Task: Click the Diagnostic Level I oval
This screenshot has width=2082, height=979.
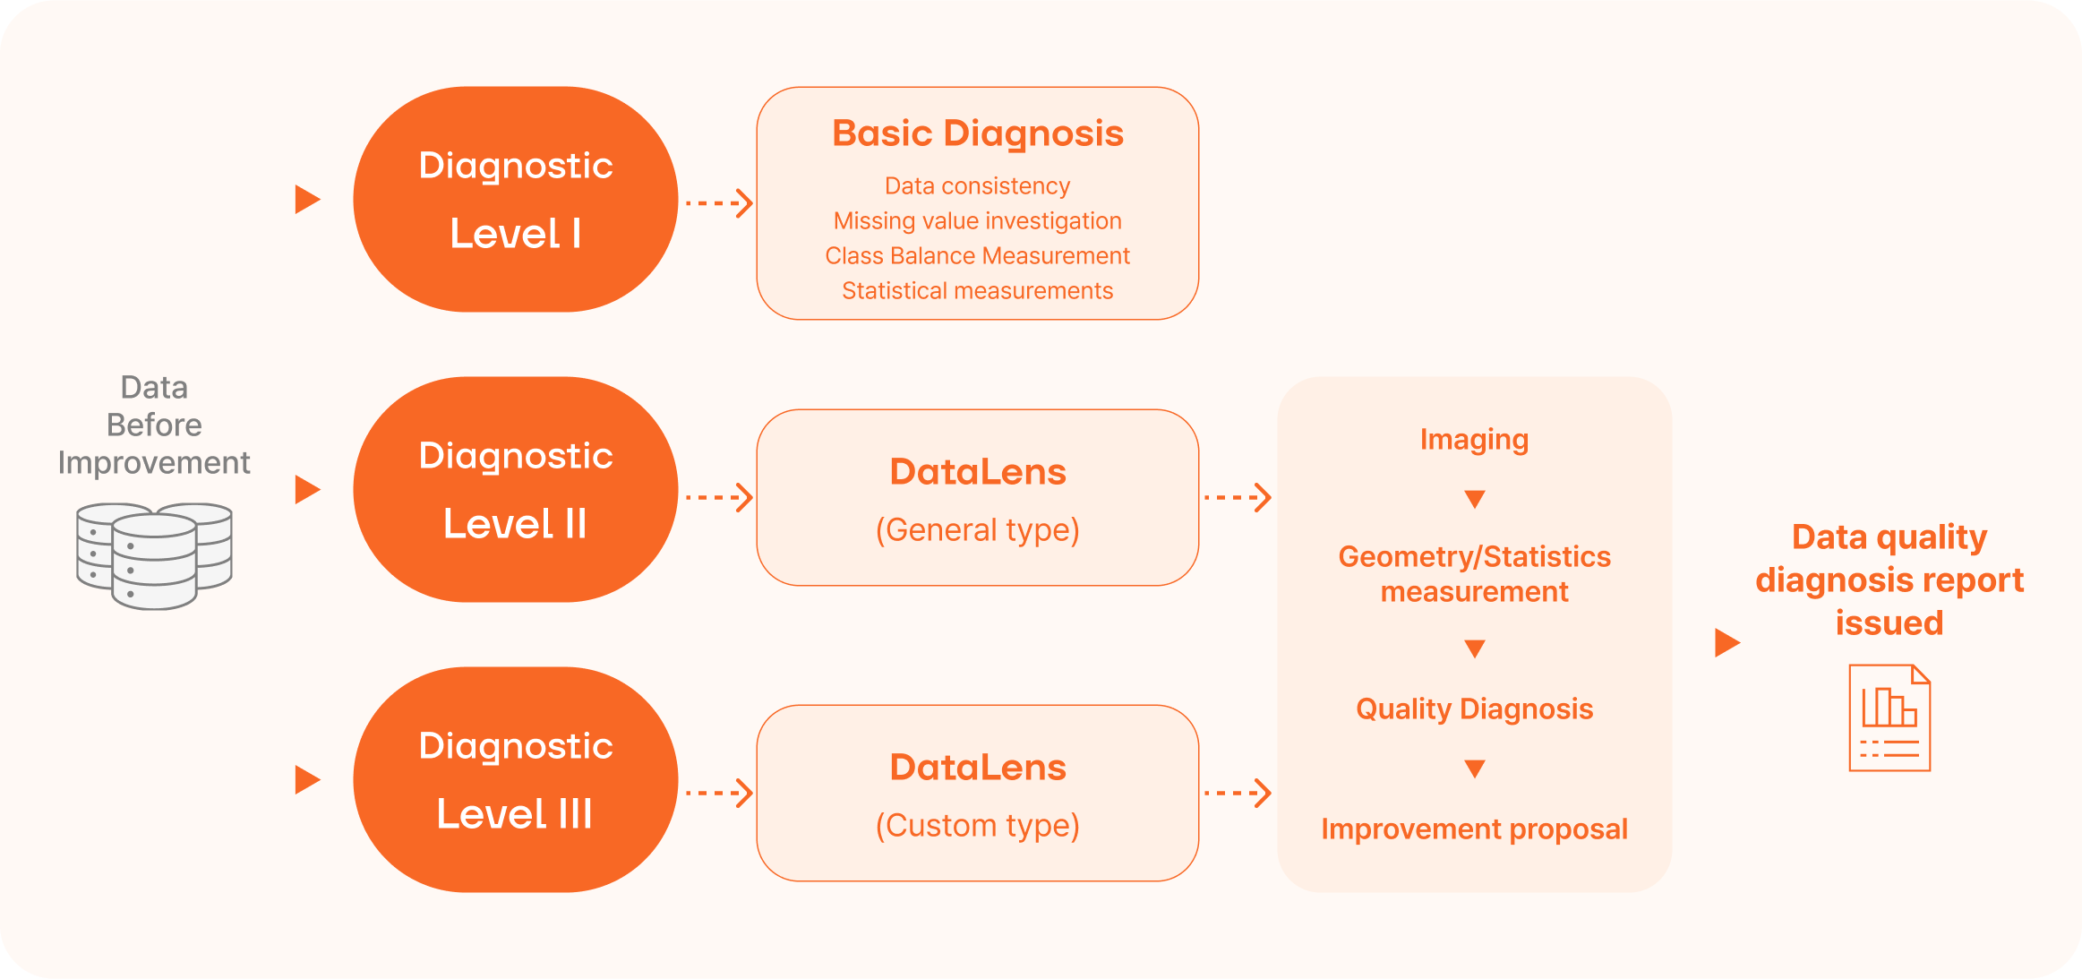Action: click(x=515, y=199)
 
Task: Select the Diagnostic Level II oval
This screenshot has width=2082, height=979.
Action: click(x=515, y=489)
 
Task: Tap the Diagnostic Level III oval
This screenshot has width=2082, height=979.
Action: click(x=515, y=779)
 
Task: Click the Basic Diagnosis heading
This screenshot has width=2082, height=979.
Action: click(x=977, y=133)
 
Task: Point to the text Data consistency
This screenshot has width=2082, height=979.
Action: click(x=977, y=186)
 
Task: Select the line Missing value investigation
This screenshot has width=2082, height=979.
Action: click(x=977, y=221)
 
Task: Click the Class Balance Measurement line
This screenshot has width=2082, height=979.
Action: click(x=977, y=256)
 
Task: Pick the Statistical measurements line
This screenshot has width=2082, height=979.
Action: click(x=977, y=291)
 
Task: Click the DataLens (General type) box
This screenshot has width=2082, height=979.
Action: click(x=977, y=498)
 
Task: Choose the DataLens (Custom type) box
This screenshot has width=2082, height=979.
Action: click(x=977, y=794)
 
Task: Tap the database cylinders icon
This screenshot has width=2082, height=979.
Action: click(x=154, y=555)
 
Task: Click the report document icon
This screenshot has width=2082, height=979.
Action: click(x=1889, y=717)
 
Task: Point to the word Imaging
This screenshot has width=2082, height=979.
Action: click(x=1474, y=440)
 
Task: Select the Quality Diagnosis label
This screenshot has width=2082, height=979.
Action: click(x=1474, y=709)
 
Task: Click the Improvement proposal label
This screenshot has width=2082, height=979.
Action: click(x=1474, y=829)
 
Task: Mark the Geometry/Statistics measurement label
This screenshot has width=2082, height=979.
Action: click(x=1474, y=574)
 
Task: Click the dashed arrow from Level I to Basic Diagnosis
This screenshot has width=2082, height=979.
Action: click(x=718, y=203)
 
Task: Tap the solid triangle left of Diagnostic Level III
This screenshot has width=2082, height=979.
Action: click(x=307, y=780)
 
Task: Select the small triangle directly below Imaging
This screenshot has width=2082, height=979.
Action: click(x=1474, y=499)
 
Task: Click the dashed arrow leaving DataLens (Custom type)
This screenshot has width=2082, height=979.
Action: click(x=1238, y=793)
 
